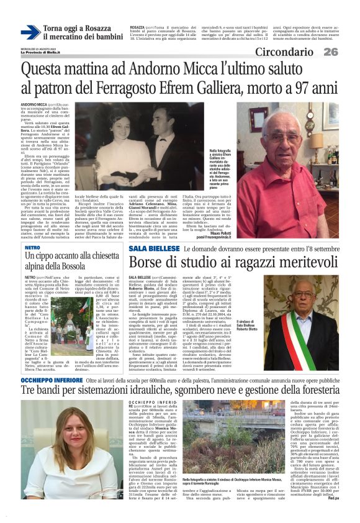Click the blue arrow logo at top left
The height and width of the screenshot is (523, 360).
(30, 32)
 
